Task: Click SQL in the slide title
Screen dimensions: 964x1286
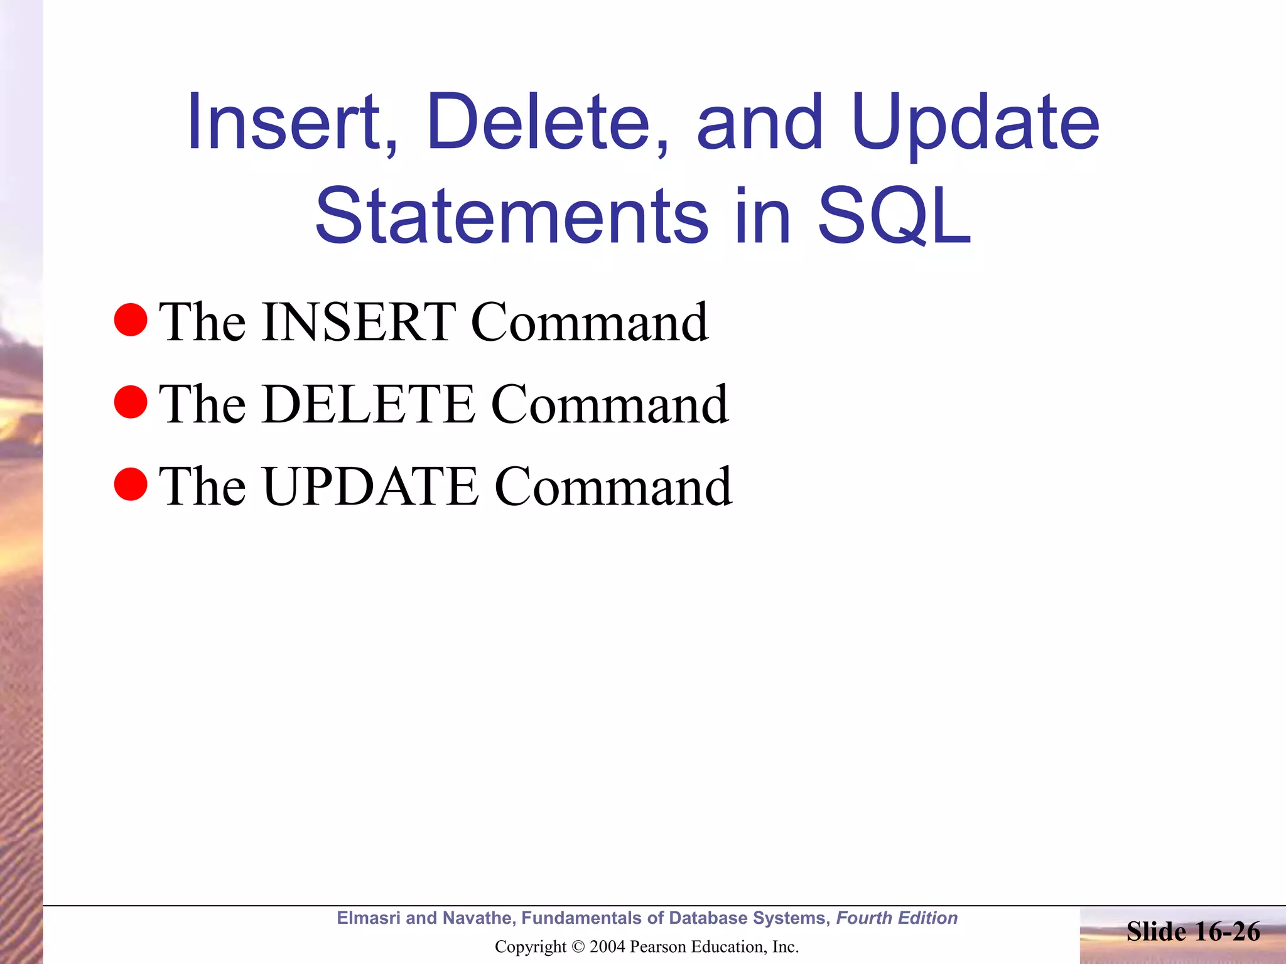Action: point(894,217)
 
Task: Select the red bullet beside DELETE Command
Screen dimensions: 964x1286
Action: point(131,402)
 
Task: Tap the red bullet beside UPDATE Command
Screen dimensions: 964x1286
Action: point(131,484)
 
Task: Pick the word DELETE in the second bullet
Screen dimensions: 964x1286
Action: point(369,405)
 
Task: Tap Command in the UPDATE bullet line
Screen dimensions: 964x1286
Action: point(613,487)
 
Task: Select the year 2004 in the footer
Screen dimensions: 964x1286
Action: point(607,947)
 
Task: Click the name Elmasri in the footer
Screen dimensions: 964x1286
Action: point(369,918)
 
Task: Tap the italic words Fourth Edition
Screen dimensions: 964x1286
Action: point(897,918)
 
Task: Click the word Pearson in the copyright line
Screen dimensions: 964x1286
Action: point(657,947)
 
